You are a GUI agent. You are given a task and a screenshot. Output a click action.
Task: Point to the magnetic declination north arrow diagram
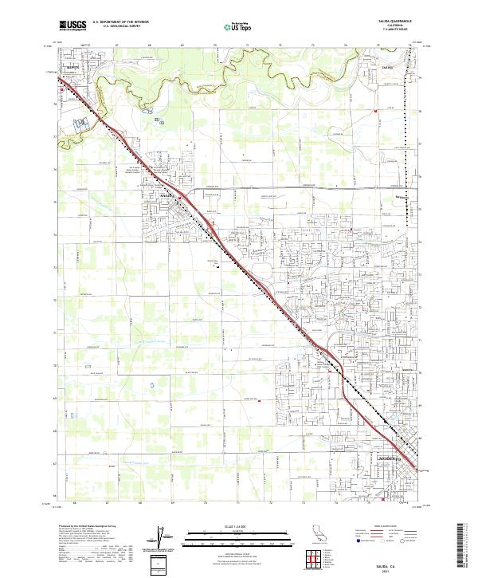[159, 538]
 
